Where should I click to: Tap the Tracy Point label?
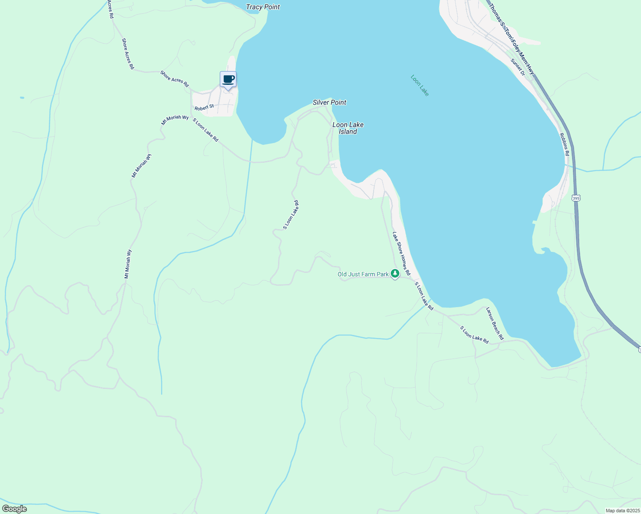(263, 7)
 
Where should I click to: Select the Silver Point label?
(329, 102)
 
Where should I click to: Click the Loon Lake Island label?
(348, 128)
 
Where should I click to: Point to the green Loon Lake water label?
(419, 85)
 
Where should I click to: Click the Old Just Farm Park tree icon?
(395, 274)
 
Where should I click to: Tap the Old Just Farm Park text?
(363, 274)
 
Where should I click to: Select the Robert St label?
(204, 107)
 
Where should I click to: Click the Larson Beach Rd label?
(494, 323)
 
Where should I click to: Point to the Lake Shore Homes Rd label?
(401, 254)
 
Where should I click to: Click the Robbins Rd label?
(564, 144)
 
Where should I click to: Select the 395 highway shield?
(576, 198)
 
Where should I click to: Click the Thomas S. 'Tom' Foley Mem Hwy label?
(512, 39)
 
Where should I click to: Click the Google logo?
(14, 509)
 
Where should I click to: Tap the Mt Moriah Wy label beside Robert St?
(175, 120)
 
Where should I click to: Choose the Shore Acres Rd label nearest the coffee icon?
(174, 79)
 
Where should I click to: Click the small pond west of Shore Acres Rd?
(22, 98)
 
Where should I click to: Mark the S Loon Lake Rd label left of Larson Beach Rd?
(474, 335)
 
